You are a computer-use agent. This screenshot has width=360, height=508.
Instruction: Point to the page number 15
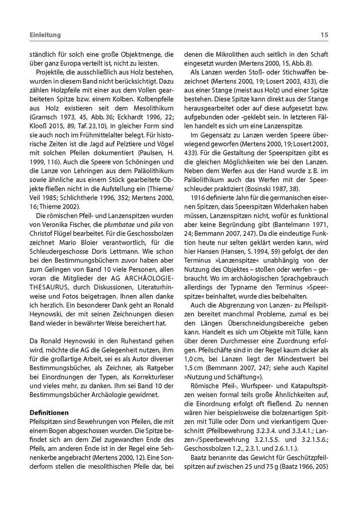click(x=324, y=35)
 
